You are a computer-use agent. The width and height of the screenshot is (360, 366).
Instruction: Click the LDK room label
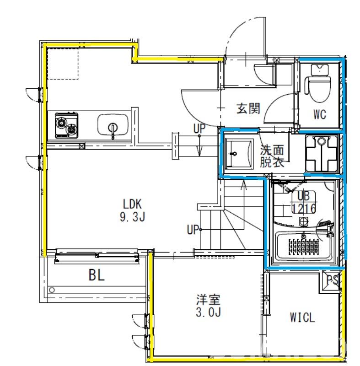132,204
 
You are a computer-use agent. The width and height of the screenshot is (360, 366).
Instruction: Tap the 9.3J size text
132,217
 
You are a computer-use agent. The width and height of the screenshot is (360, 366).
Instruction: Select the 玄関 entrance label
248,108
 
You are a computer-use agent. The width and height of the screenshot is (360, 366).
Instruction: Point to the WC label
319,114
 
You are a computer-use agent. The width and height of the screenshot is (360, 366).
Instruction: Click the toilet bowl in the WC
319,87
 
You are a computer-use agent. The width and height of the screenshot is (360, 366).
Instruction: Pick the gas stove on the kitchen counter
66,125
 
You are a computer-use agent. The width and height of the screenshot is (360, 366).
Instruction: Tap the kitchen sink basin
113,125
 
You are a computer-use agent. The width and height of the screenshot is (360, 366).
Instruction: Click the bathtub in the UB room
304,246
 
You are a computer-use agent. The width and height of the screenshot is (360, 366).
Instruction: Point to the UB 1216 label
304,202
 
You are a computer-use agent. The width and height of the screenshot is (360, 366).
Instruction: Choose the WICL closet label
302,317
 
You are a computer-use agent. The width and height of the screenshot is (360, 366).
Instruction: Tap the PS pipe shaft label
332,280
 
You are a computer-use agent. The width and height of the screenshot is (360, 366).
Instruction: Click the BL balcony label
97,275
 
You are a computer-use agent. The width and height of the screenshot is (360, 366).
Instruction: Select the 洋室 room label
208,300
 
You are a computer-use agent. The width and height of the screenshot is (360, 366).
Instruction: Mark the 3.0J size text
208,312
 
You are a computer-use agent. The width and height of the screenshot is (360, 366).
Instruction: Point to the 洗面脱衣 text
272,156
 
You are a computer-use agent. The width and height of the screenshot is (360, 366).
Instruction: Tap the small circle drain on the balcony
52,290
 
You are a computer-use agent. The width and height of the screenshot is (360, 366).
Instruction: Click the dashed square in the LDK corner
63,64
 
